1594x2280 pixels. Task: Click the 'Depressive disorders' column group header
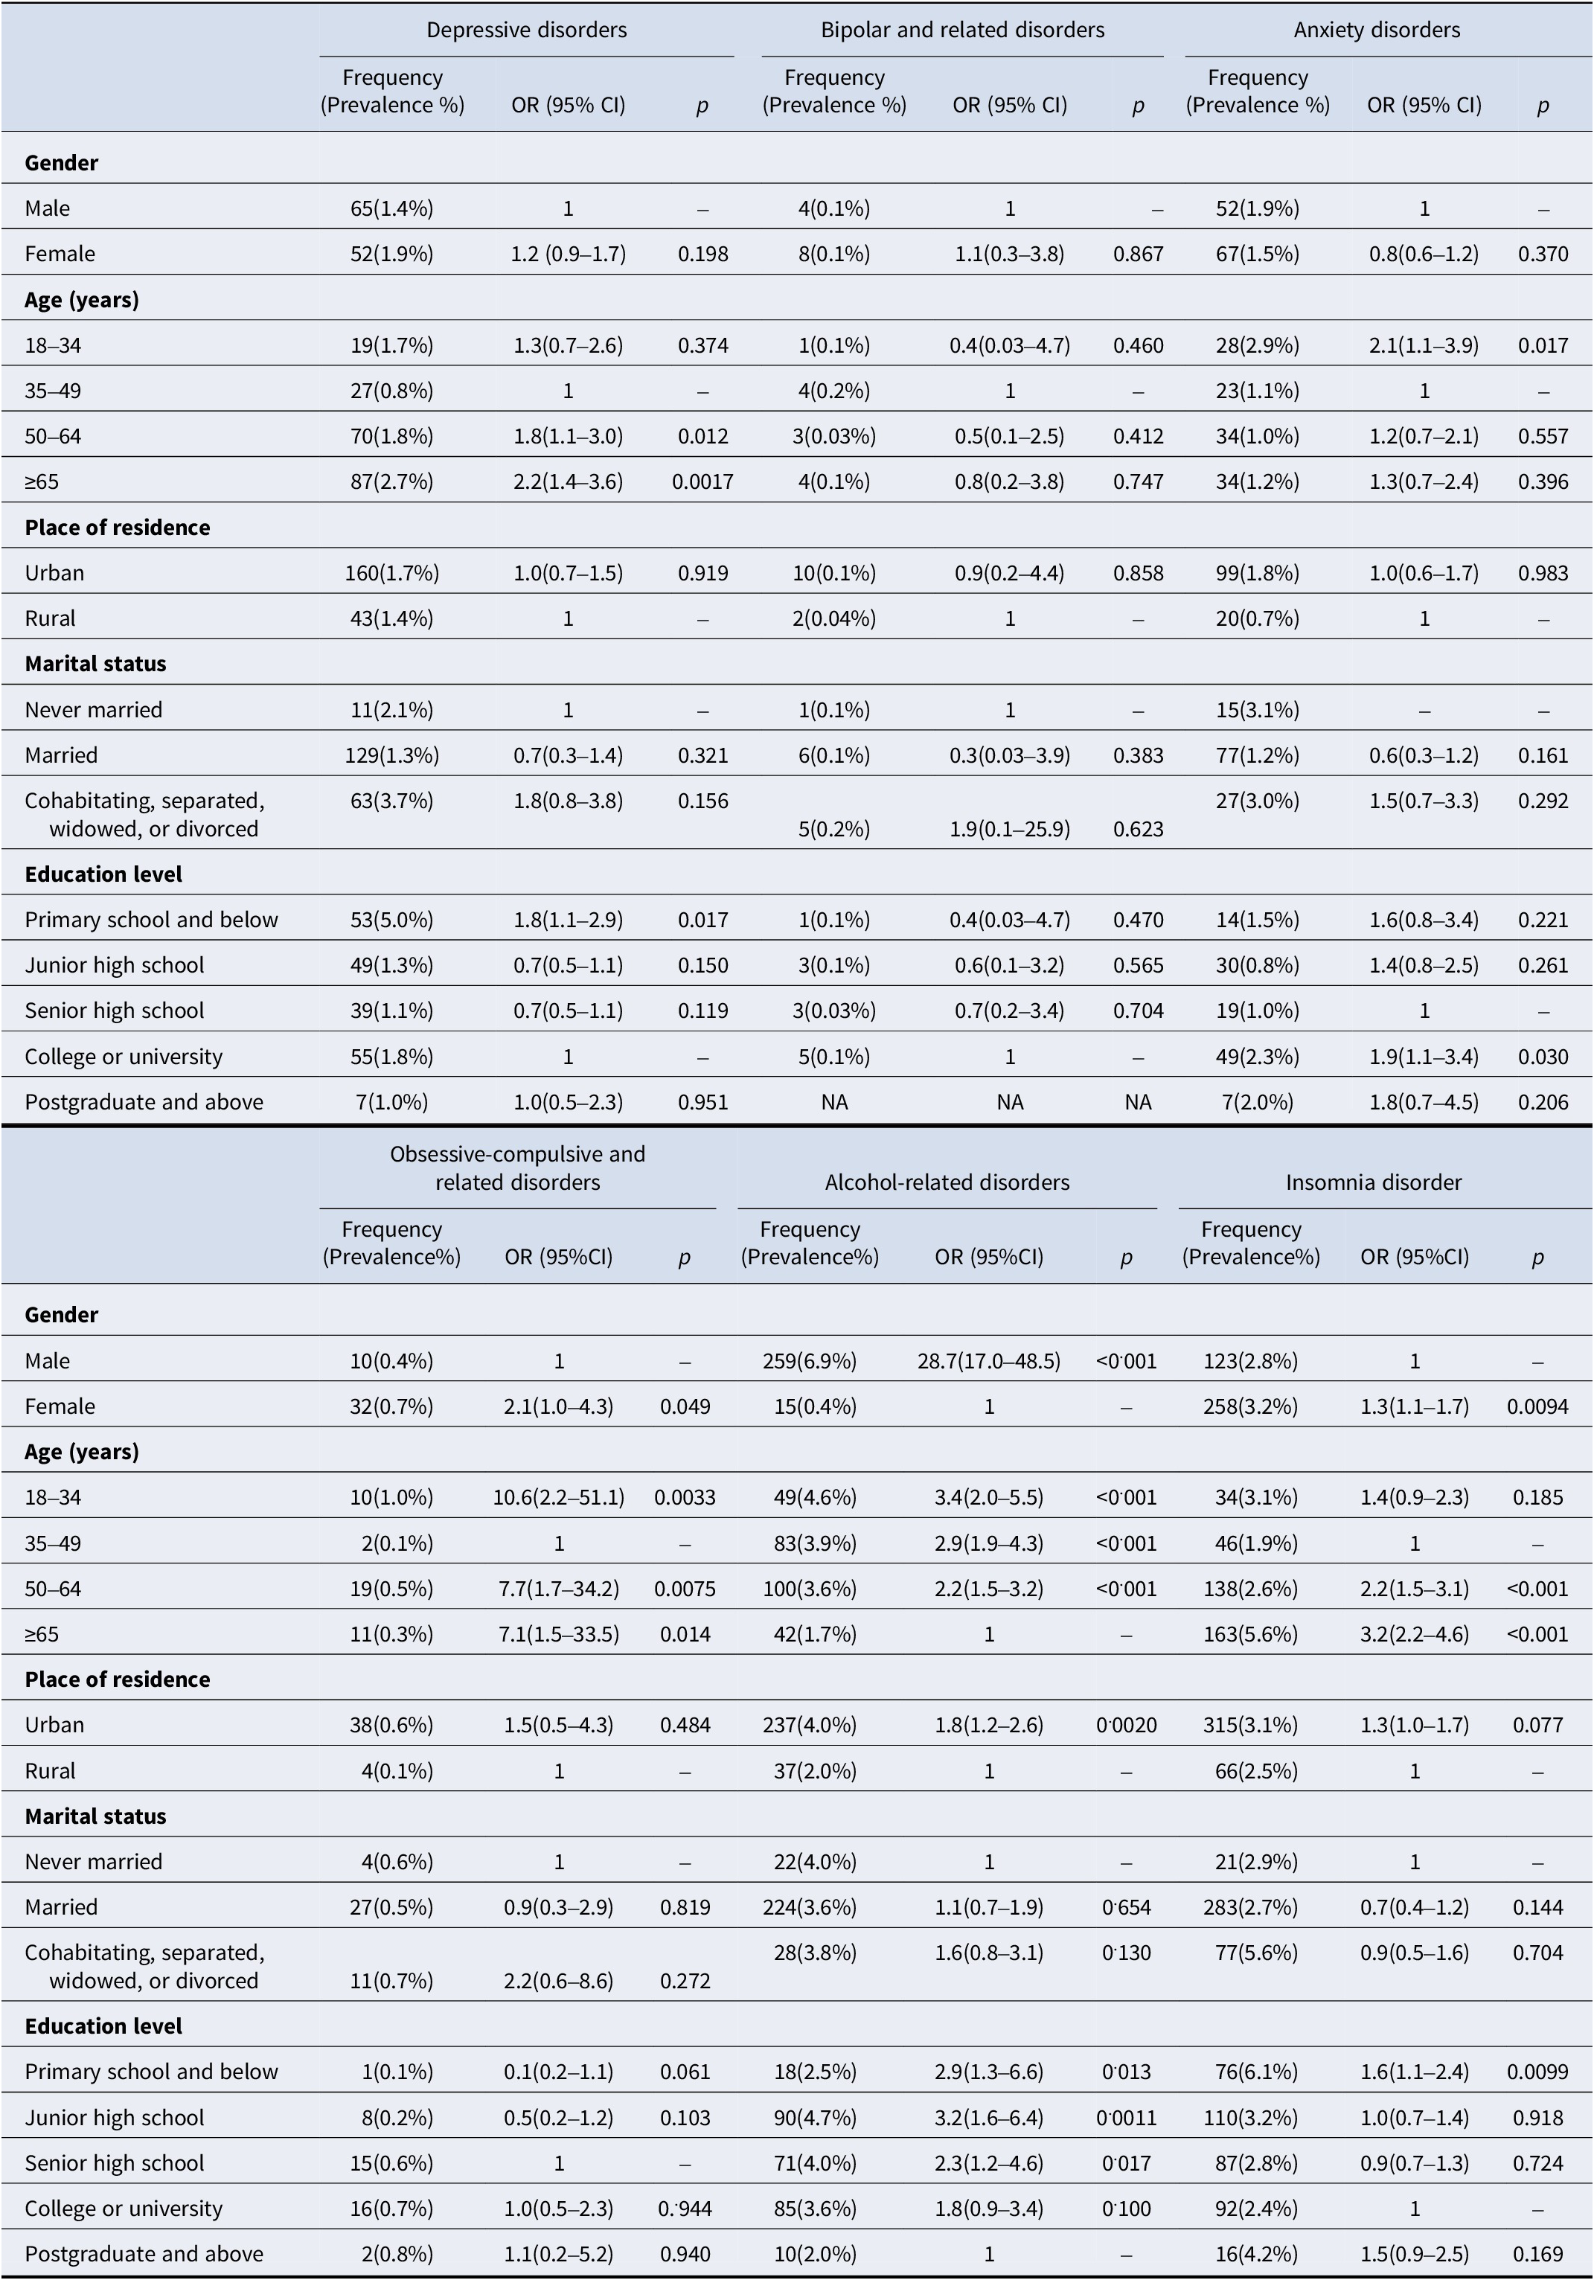click(x=526, y=30)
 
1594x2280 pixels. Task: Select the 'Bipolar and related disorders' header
click(x=962, y=30)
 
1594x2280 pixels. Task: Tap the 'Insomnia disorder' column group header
click(x=1374, y=1182)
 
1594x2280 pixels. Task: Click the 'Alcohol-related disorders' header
click(x=947, y=1182)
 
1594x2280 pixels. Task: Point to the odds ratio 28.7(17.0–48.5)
click(x=988, y=1360)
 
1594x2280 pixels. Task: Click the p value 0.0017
click(x=702, y=481)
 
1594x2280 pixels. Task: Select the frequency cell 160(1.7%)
click(x=392, y=573)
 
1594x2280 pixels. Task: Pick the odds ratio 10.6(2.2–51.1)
click(x=559, y=1497)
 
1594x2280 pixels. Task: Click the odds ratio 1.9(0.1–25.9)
click(x=1009, y=829)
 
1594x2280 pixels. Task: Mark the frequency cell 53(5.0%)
click(x=392, y=920)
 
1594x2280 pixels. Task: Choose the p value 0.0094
click(x=1537, y=1406)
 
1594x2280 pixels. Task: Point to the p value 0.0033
click(x=685, y=1497)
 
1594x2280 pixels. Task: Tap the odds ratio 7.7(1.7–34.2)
click(x=559, y=1589)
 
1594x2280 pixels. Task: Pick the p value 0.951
click(x=702, y=1102)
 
